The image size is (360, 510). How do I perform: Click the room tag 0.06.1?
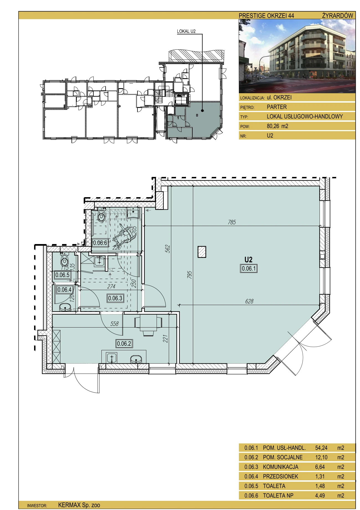pyautogui.click(x=249, y=268)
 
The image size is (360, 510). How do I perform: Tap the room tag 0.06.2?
pyautogui.click(x=124, y=344)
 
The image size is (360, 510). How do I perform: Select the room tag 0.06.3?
pyautogui.click(x=115, y=298)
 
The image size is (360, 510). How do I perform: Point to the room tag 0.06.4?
pyautogui.click(x=65, y=290)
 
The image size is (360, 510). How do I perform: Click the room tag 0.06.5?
pyautogui.click(x=62, y=275)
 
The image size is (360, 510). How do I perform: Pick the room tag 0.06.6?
pyautogui.click(x=100, y=243)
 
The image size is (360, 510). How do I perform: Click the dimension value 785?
pyautogui.click(x=232, y=222)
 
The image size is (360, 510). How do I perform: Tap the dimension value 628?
pyautogui.click(x=249, y=301)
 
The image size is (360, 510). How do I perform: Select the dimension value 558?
pyautogui.click(x=114, y=324)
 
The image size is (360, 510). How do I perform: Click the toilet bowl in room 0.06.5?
pyautogui.click(x=65, y=260)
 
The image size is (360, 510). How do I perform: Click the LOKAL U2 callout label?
pyautogui.click(x=186, y=31)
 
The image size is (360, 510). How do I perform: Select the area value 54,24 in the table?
pyautogui.click(x=321, y=448)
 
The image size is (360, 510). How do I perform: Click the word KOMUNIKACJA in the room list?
pyautogui.click(x=280, y=467)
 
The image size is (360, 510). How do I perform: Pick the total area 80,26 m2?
pyautogui.click(x=277, y=126)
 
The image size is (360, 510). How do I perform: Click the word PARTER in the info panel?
pyautogui.click(x=277, y=107)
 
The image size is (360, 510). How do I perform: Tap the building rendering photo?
pyautogui.click(x=297, y=56)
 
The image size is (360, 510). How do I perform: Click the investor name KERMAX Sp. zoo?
pyautogui.click(x=79, y=505)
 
